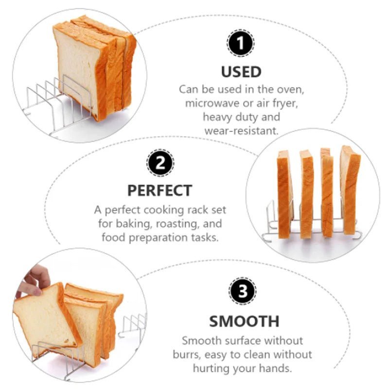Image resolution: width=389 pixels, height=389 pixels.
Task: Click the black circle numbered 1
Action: pyautogui.click(x=240, y=43)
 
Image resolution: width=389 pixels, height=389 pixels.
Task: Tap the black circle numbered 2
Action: pyautogui.click(x=160, y=163)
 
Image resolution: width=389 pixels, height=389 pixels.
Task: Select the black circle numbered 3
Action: pyautogui.click(x=242, y=291)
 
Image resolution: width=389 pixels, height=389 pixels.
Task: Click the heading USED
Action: pyautogui.click(x=241, y=71)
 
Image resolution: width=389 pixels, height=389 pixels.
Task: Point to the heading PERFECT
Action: pyautogui.click(x=160, y=191)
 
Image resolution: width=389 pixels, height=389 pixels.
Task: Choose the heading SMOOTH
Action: pyautogui.click(x=244, y=321)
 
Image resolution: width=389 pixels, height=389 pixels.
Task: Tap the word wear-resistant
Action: pyautogui.click(x=241, y=131)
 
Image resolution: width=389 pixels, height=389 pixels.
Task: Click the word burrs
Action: pyautogui.click(x=186, y=355)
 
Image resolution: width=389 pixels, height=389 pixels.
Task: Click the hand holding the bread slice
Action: pyautogui.click(x=34, y=281)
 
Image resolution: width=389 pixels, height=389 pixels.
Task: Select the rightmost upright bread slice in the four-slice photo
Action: pyautogui.click(x=350, y=190)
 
